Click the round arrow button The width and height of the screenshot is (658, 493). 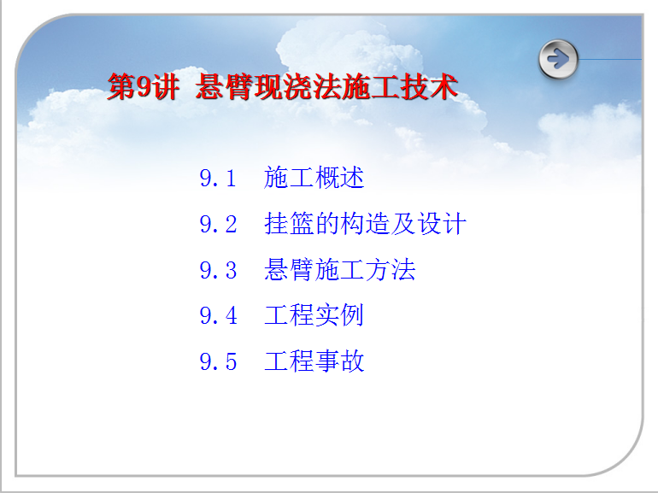[x=558, y=59]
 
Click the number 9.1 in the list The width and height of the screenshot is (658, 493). [x=218, y=178]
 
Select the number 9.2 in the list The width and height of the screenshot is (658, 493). [x=218, y=224]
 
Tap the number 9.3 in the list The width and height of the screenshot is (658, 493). [x=218, y=270]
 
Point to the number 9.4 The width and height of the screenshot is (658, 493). [x=218, y=315]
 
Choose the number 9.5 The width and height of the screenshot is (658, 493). [x=218, y=361]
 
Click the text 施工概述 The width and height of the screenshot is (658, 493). [x=314, y=177]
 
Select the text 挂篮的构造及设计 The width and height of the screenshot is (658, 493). [x=365, y=223]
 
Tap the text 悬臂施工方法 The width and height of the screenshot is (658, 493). [x=339, y=269]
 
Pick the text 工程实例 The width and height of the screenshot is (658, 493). [x=314, y=314]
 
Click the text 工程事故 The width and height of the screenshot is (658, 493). [x=314, y=361]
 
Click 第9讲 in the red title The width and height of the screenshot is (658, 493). [x=144, y=86]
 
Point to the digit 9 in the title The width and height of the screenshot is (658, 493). [x=144, y=87]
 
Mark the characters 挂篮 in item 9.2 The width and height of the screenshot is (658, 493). [x=289, y=223]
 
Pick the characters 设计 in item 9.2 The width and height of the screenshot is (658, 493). [x=442, y=223]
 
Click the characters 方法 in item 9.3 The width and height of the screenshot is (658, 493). [x=391, y=269]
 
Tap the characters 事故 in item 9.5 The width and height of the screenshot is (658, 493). [x=339, y=361]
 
